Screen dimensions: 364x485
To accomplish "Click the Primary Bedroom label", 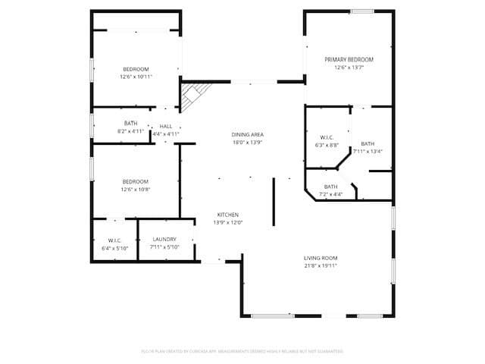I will click(349, 59).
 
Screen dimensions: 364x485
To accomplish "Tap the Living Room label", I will click(321, 258).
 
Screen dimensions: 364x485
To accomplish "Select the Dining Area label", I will click(247, 134).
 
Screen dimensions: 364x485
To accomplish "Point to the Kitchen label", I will click(228, 215).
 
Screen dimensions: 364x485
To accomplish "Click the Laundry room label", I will click(164, 240).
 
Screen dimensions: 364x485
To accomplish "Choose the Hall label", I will click(166, 126).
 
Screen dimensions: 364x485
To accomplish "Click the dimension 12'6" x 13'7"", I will click(349, 67).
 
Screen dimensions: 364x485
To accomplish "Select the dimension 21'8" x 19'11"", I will click(321, 266).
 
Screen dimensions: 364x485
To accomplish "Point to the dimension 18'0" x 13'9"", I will click(247, 143).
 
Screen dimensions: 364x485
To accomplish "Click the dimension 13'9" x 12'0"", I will click(228, 223).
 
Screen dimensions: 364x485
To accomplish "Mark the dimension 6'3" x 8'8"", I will click(327, 145).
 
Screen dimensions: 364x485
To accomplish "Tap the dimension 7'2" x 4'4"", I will click(331, 195).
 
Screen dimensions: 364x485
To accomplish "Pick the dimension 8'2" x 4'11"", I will click(131, 131).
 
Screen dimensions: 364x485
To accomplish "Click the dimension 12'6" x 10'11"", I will click(136, 77).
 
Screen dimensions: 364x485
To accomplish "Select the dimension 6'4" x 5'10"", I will click(115, 248).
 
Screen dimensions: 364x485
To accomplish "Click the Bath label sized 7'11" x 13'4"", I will click(368, 143).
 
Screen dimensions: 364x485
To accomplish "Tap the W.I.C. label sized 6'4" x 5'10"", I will click(115, 240).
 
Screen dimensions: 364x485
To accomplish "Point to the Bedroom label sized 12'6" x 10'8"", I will click(136, 181).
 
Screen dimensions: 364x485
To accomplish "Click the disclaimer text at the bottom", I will click(242, 351).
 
